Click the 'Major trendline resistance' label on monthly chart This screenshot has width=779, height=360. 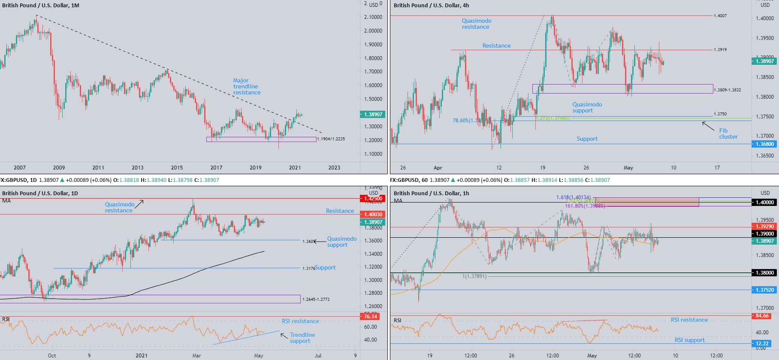[x=247, y=86]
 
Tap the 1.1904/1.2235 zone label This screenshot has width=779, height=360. [x=331, y=139]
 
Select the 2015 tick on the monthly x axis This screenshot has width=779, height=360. [x=177, y=168]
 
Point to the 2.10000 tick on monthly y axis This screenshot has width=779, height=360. [x=373, y=17]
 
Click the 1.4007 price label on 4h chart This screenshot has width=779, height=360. [x=720, y=16]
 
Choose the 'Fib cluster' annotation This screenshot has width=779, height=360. [x=728, y=133]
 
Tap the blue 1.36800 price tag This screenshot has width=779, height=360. [x=764, y=144]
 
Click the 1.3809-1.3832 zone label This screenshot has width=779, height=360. [x=727, y=90]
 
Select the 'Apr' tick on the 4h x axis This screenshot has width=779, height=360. [x=438, y=168]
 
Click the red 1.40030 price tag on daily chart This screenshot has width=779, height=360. [x=373, y=215]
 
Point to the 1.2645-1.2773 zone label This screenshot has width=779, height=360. [x=316, y=299]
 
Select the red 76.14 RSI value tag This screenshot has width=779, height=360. [x=371, y=317]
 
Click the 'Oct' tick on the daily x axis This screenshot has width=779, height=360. [x=52, y=356]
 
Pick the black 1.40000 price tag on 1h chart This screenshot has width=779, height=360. [x=764, y=203]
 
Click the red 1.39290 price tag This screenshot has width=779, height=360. [x=764, y=227]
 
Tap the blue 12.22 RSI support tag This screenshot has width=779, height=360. [x=762, y=344]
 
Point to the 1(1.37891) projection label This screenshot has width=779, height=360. [x=474, y=276]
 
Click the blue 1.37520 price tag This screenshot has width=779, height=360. [x=764, y=290]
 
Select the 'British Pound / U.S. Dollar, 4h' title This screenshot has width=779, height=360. [x=431, y=6]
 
